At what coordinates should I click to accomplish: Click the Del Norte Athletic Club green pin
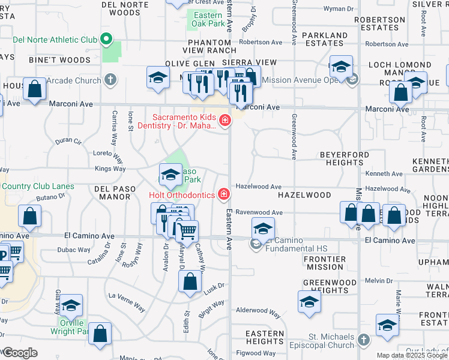(107, 40)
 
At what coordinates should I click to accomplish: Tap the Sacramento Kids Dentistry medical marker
(225, 121)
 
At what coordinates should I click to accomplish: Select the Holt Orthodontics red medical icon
(224, 194)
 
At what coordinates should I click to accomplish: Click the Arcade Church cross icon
(109, 79)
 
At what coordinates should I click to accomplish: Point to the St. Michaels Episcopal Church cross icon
(363, 341)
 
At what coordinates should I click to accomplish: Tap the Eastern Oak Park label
(208, 19)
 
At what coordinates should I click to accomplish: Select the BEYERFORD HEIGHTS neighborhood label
(344, 158)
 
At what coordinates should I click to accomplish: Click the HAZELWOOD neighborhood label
(304, 195)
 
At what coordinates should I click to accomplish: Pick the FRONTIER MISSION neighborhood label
(324, 263)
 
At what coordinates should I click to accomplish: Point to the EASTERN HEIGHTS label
(264, 337)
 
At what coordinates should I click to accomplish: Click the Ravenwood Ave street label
(259, 212)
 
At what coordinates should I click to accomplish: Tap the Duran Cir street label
(68, 142)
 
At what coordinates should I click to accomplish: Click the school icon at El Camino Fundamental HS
(262, 229)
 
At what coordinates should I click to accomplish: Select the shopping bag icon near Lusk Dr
(190, 282)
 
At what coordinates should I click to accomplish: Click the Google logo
(20, 353)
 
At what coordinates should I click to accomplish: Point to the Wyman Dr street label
(339, 9)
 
